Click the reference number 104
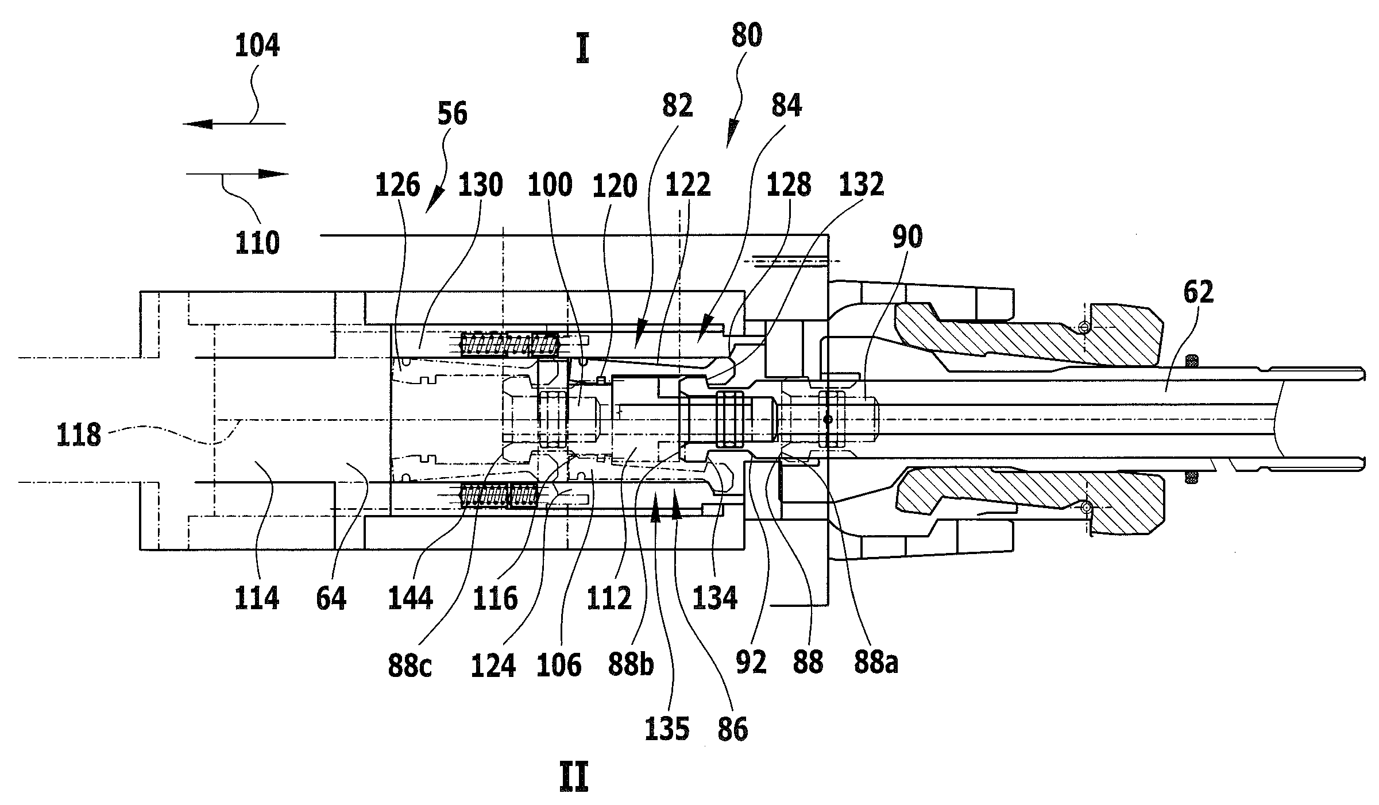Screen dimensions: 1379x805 tap(257, 46)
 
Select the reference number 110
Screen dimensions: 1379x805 tap(257, 243)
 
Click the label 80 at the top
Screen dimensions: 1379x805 tap(747, 37)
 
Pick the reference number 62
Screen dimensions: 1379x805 tap(1199, 293)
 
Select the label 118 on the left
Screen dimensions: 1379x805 tap(79, 436)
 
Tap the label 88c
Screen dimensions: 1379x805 tap(410, 667)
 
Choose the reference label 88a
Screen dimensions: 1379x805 tap(876, 663)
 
